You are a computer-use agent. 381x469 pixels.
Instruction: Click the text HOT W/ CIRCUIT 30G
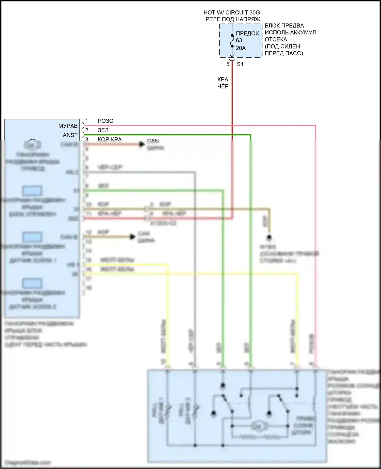tap(232, 12)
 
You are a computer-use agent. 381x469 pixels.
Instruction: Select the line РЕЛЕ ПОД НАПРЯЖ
tap(233, 19)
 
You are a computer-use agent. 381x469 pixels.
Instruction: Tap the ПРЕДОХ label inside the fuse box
tap(247, 34)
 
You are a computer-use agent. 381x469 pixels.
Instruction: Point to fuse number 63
tap(239, 40)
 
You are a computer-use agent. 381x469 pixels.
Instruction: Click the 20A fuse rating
tap(241, 48)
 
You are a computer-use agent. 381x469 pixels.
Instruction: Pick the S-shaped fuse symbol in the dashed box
tap(232, 41)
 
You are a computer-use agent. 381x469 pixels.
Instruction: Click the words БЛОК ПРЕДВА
tap(284, 26)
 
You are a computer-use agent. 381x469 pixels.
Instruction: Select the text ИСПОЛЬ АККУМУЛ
tap(290, 33)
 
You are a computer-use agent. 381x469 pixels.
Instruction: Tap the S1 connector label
tap(240, 64)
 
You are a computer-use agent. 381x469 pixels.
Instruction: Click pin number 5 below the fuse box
tap(228, 64)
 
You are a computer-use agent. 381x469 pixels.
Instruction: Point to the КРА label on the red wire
tap(223, 80)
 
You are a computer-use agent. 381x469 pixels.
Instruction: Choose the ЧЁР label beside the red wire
tap(223, 86)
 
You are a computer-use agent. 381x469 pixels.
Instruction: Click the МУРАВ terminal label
tap(68, 126)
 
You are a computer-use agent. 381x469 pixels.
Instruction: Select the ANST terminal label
tap(70, 135)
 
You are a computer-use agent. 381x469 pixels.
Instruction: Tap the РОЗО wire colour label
tap(105, 121)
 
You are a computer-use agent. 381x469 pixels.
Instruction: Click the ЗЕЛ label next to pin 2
tap(103, 130)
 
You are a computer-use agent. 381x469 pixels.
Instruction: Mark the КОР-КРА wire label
tap(109, 139)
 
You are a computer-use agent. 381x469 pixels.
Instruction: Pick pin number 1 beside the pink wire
tap(87, 121)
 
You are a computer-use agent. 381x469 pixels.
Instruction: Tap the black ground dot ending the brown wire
tap(269, 237)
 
